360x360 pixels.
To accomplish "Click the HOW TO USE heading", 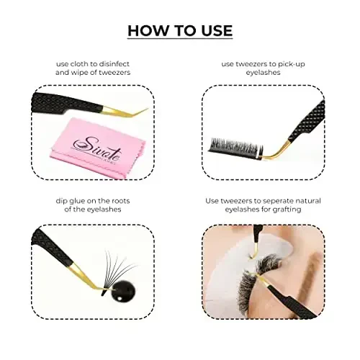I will pos(180,30).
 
